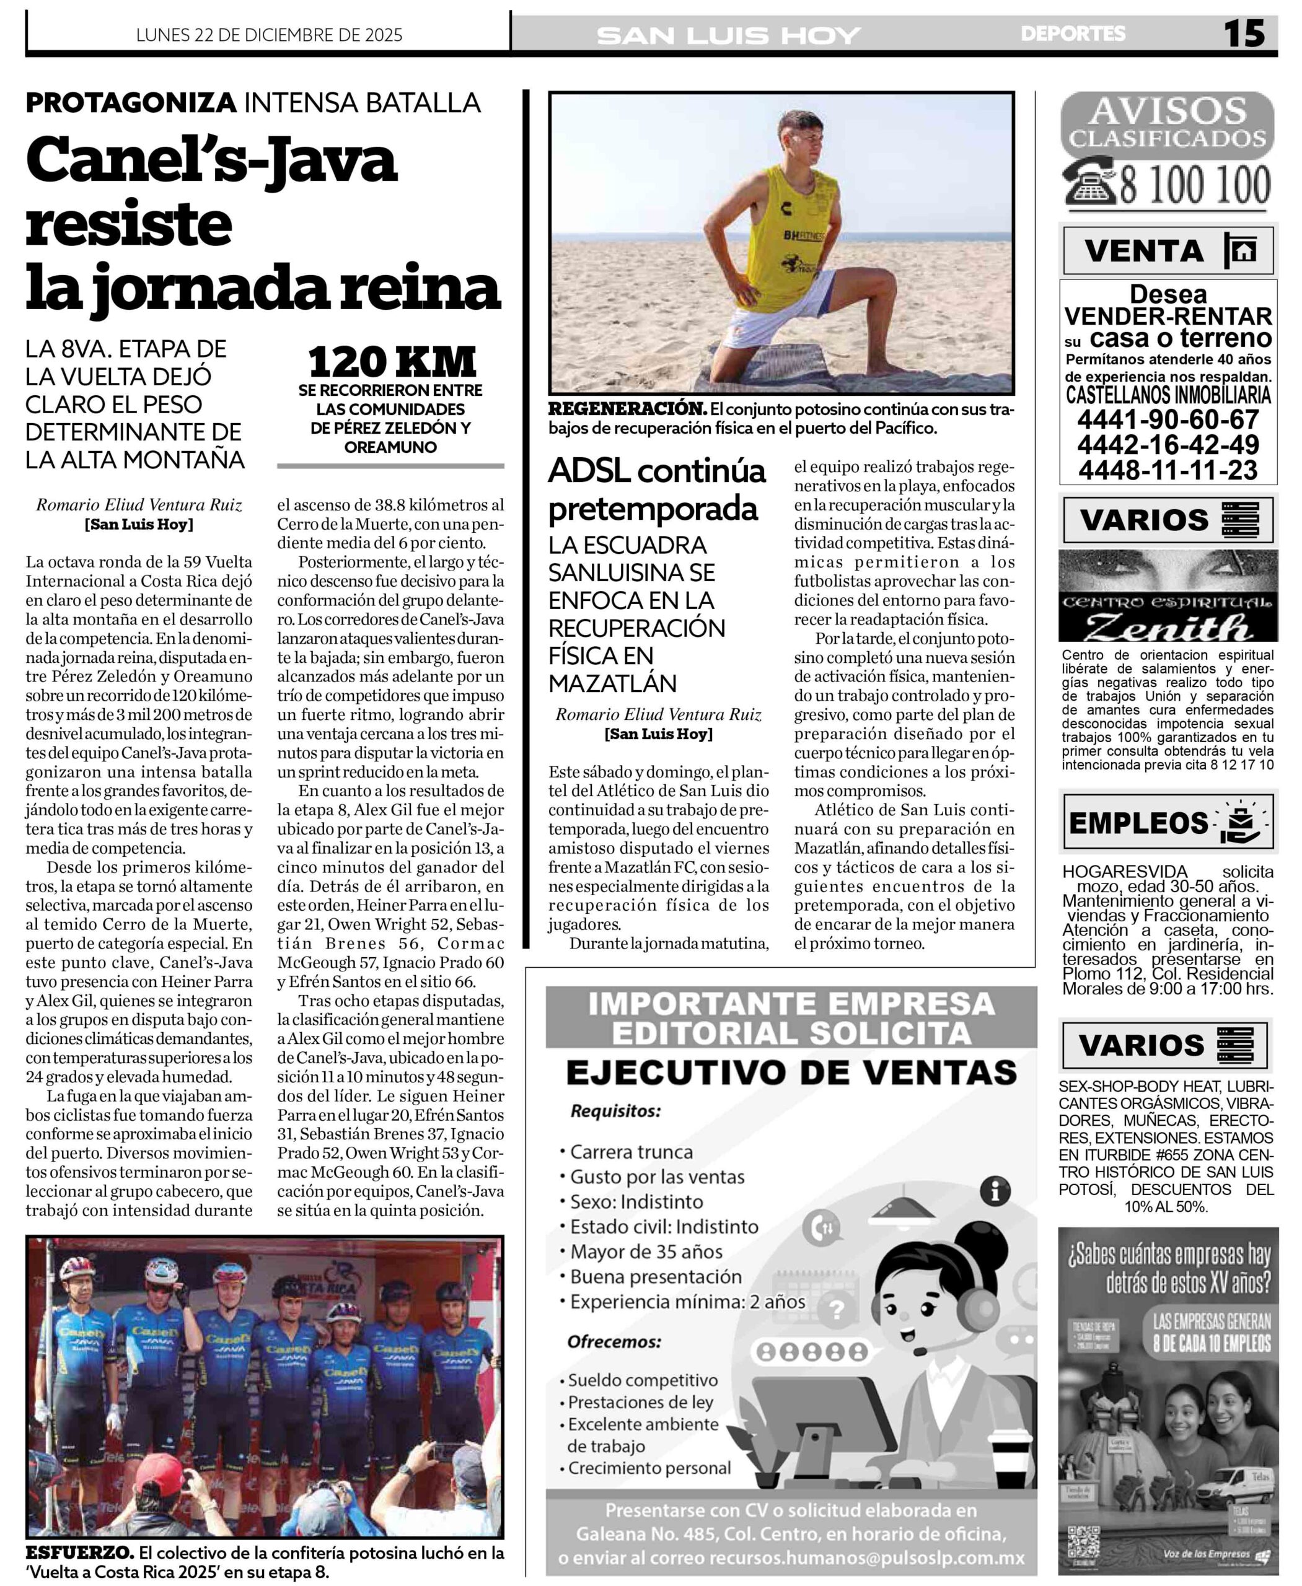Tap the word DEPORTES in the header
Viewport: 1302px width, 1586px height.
pos(1073,33)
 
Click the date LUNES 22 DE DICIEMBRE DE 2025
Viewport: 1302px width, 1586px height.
pos(269,35)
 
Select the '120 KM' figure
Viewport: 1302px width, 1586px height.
pos(392,362)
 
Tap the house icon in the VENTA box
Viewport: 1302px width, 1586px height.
pos(1243,250)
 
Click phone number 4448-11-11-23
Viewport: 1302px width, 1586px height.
pos(1168,470)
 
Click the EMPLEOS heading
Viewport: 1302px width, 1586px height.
pos(1138,823)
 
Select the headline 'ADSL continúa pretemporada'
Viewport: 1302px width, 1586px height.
pos(656,489)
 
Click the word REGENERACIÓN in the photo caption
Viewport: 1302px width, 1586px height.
pos(627,410)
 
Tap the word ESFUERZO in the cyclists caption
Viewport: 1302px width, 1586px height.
pos(79,1553)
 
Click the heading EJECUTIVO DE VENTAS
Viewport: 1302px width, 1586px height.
pos(791,1073)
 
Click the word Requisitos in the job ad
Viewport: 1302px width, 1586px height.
pos(615,1111)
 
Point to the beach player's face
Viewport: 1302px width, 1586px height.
pos(800,140)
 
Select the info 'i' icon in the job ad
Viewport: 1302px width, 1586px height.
pos(995,1191)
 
